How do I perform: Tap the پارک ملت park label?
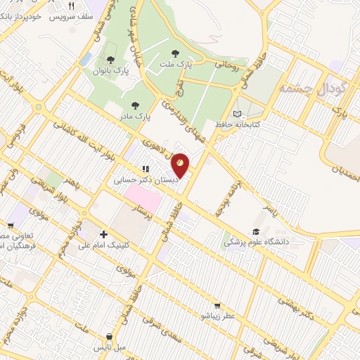pos(175,63)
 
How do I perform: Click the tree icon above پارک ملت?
pos(175,52)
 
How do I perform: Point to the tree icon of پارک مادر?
pos(134,105)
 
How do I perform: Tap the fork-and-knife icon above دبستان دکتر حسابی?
pos(146,169)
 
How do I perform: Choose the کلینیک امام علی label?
pos(105,245)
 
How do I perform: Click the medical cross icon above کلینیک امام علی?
pos(104,234)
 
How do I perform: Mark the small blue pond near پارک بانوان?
pos(86,60)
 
